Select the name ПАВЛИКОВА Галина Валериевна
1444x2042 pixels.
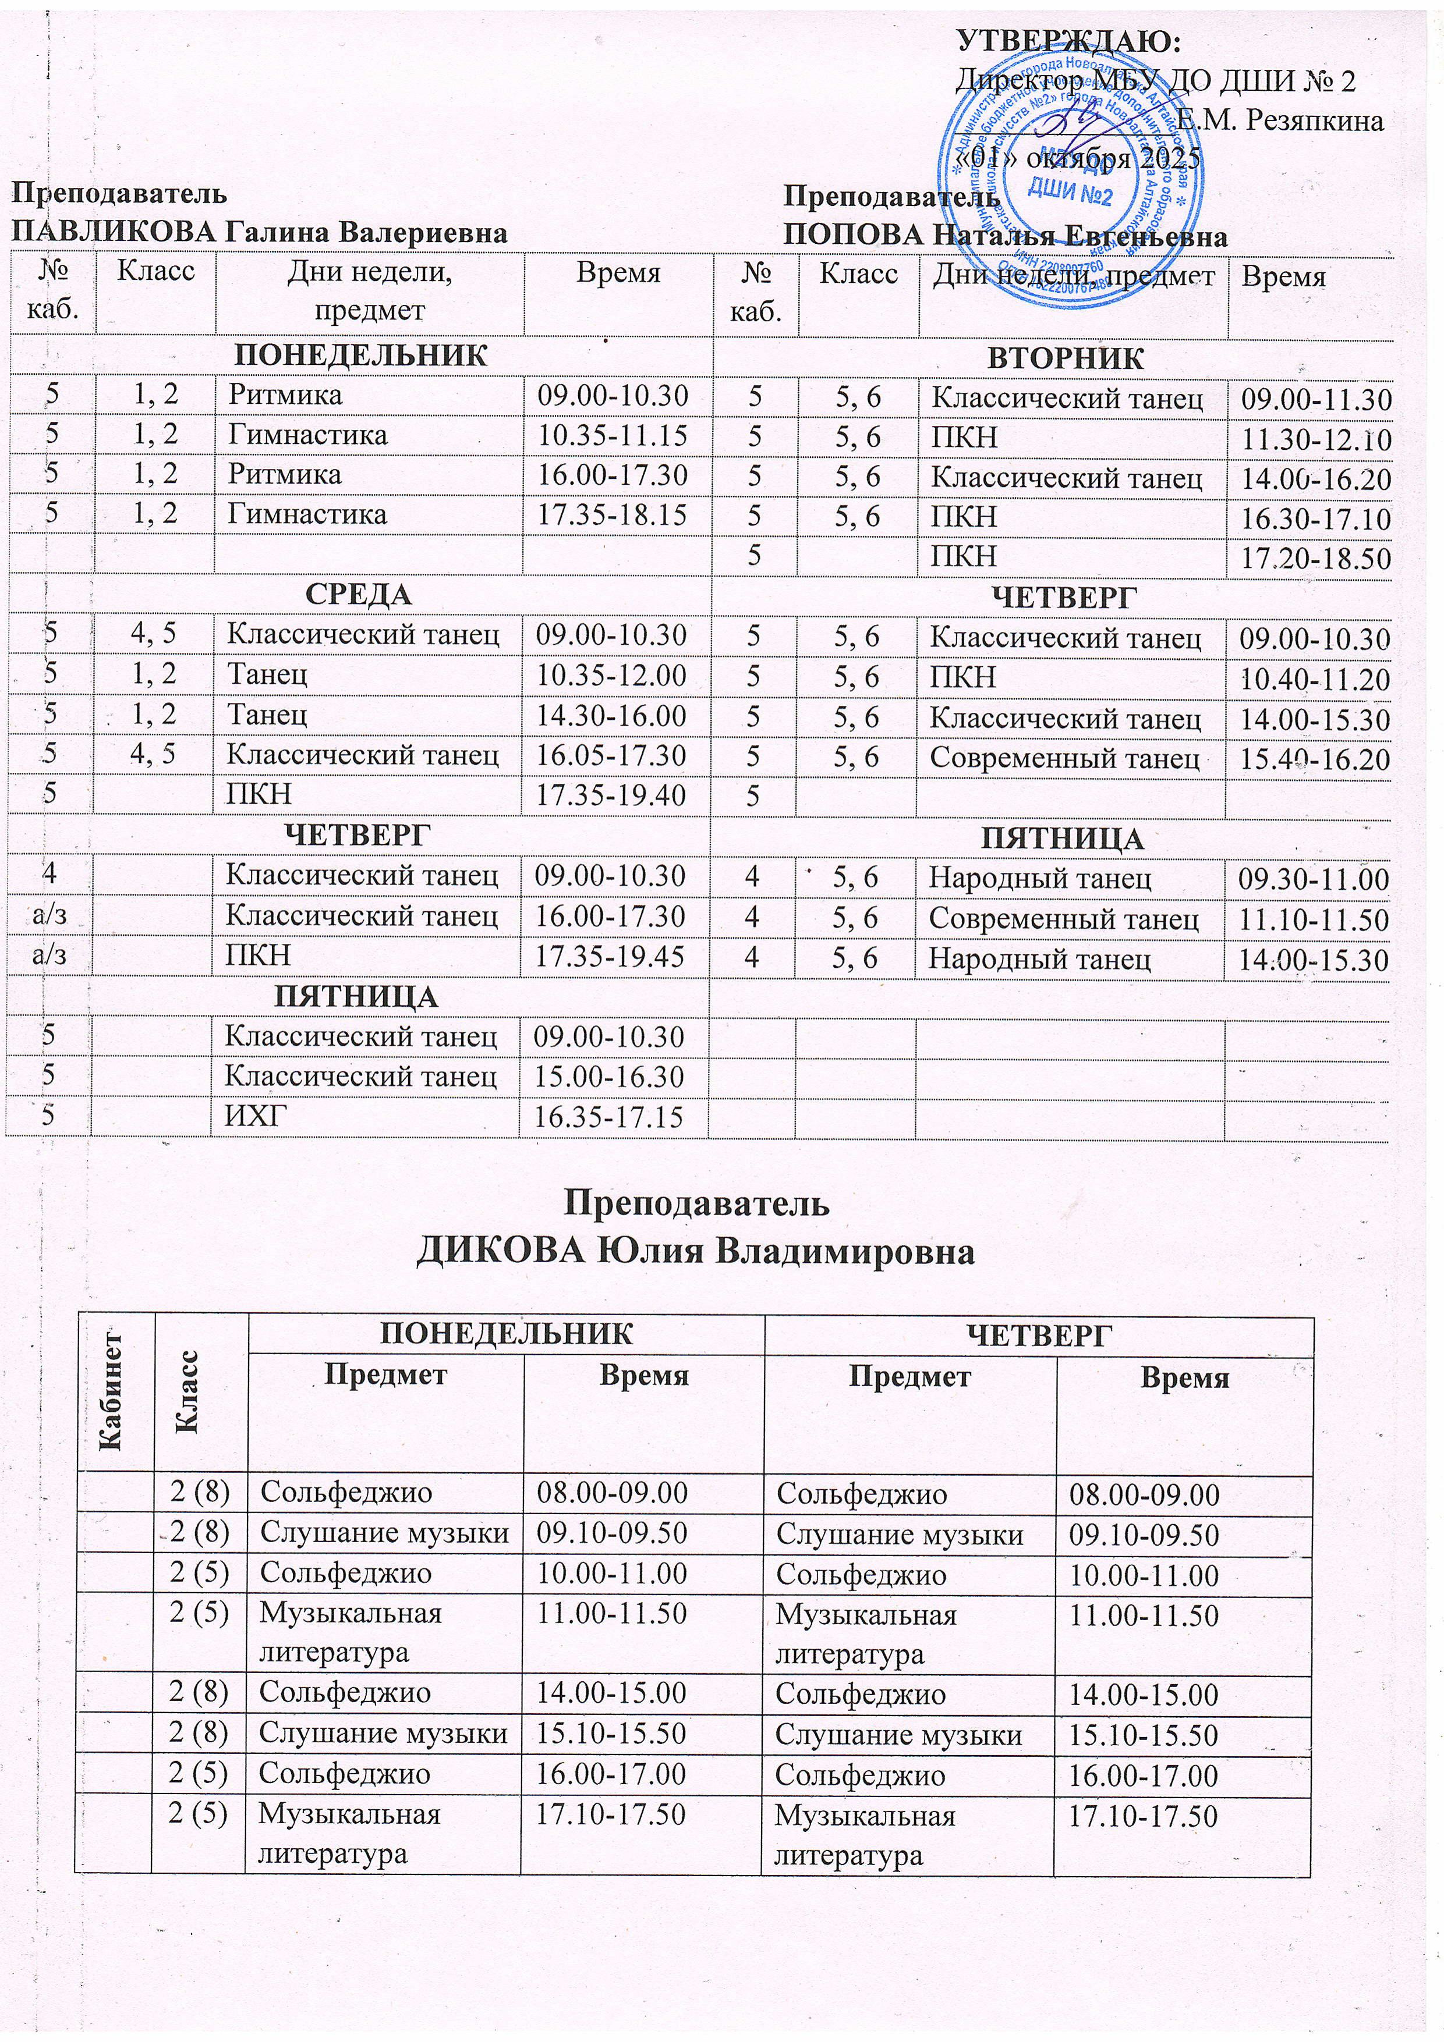259,233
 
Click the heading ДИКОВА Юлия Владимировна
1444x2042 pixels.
696,1251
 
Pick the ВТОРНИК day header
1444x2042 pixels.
1053,358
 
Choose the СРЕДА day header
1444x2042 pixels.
359,594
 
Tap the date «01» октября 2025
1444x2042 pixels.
1077,159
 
